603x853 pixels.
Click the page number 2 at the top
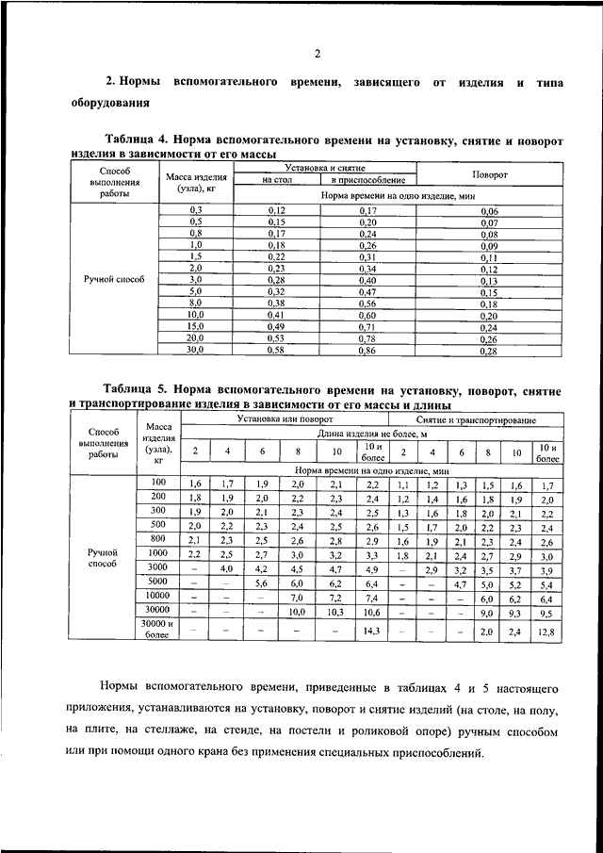(318, 52)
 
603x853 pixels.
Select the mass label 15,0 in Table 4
(195, 326)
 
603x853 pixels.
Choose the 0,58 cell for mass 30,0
(277, 351)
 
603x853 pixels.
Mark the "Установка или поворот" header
(285, 418)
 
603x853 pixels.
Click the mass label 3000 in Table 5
(158, 568)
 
